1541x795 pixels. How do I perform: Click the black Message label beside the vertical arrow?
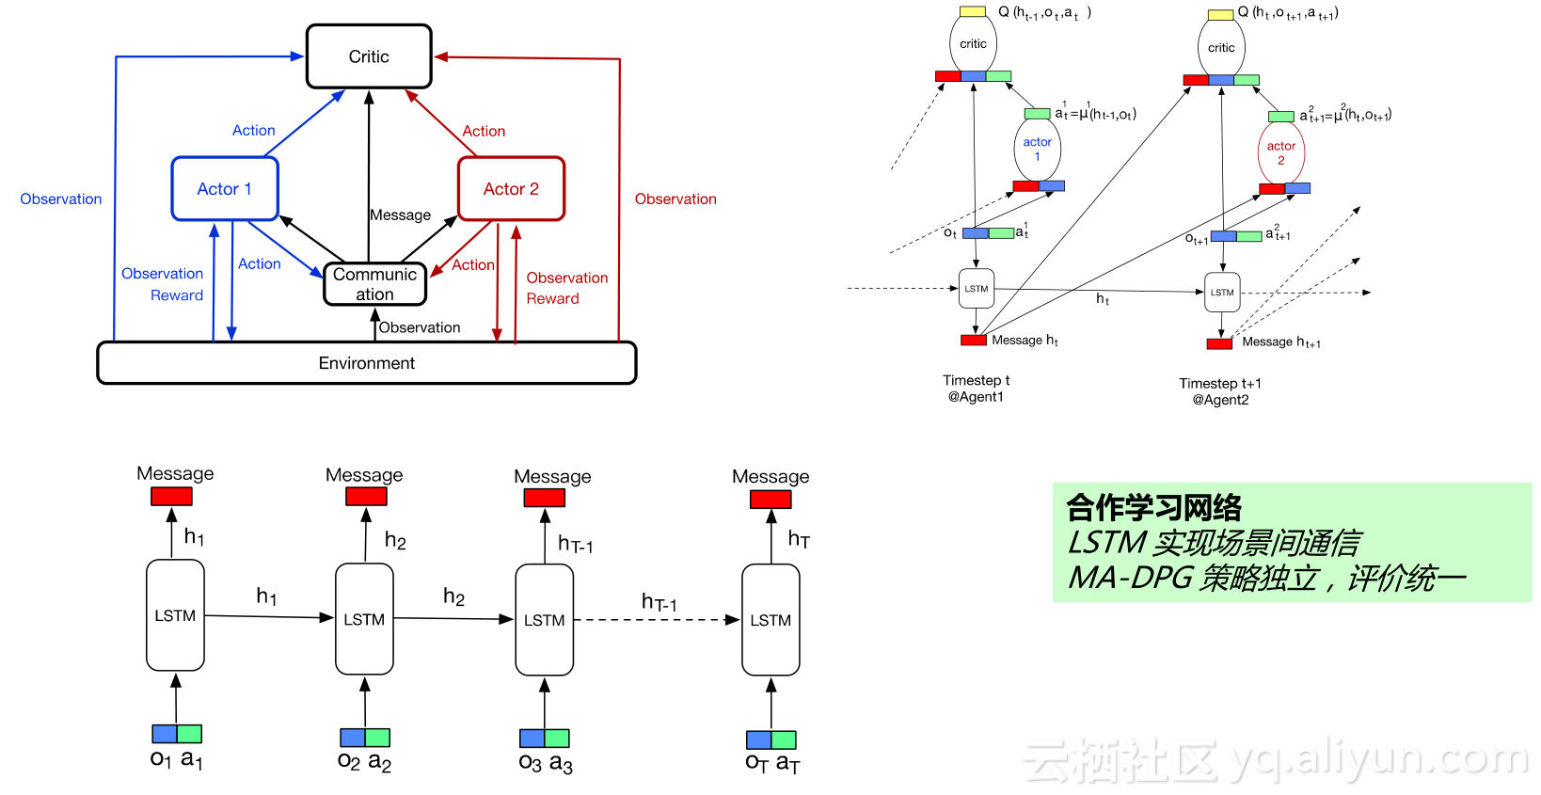tap(401, 215)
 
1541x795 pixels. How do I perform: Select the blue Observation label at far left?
tap(60, 199)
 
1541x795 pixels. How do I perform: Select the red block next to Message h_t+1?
tap(1220, 343)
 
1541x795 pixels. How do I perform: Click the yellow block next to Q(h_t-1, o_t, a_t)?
tap(973, 11)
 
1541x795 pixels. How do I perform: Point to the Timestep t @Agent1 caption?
tap(977, 389)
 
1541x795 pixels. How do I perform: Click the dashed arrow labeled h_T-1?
tap(657, 620)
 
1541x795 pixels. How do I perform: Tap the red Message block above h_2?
tap(366, 497)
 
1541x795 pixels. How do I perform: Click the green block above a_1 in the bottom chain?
tap(189, 734)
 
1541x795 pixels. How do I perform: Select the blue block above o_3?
tap(532, 739)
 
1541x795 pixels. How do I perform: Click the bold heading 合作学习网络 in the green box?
tap(1153, 508)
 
